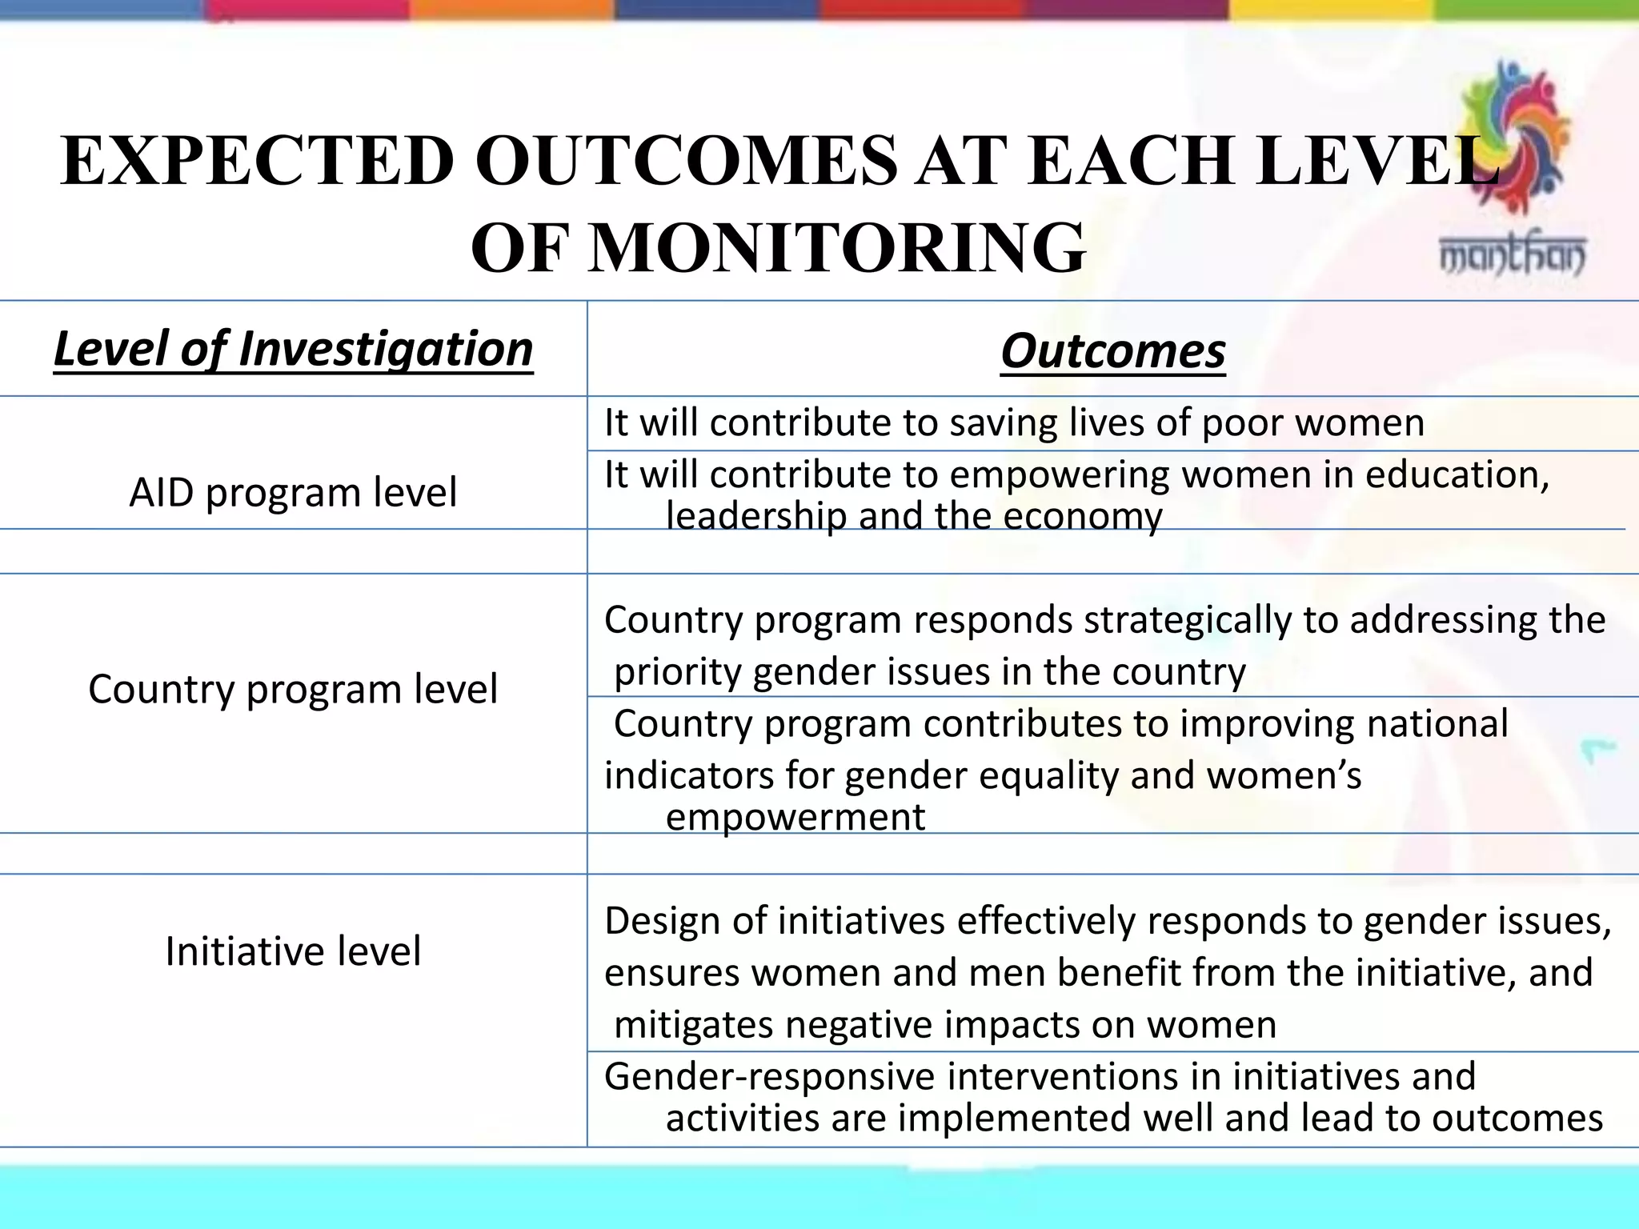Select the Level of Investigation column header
tap(293, 350)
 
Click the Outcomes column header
tap(1112, 351)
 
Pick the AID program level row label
tap(293, 492)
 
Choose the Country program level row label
tap(293, 689)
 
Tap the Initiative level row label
tap(293, 951)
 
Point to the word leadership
tap(756, 516)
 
